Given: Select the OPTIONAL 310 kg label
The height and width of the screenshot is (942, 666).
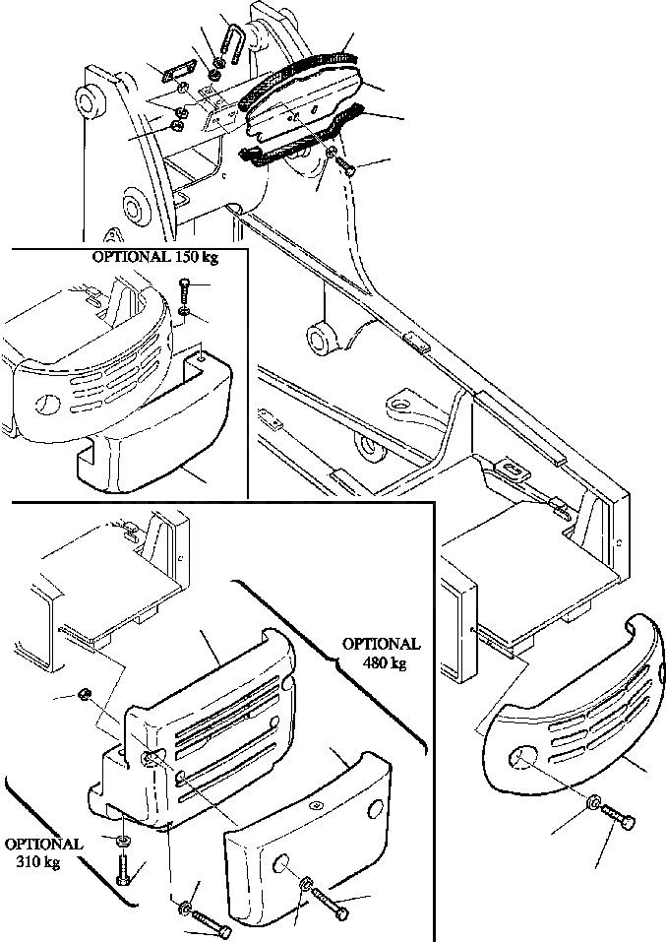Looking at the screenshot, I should pos(42,853).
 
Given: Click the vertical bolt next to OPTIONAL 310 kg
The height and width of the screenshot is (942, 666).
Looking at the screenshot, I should pos(123,869).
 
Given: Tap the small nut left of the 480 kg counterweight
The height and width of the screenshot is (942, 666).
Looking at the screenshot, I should pos(86,696).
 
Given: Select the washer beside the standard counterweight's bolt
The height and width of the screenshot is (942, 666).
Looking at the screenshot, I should pos(593,804).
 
